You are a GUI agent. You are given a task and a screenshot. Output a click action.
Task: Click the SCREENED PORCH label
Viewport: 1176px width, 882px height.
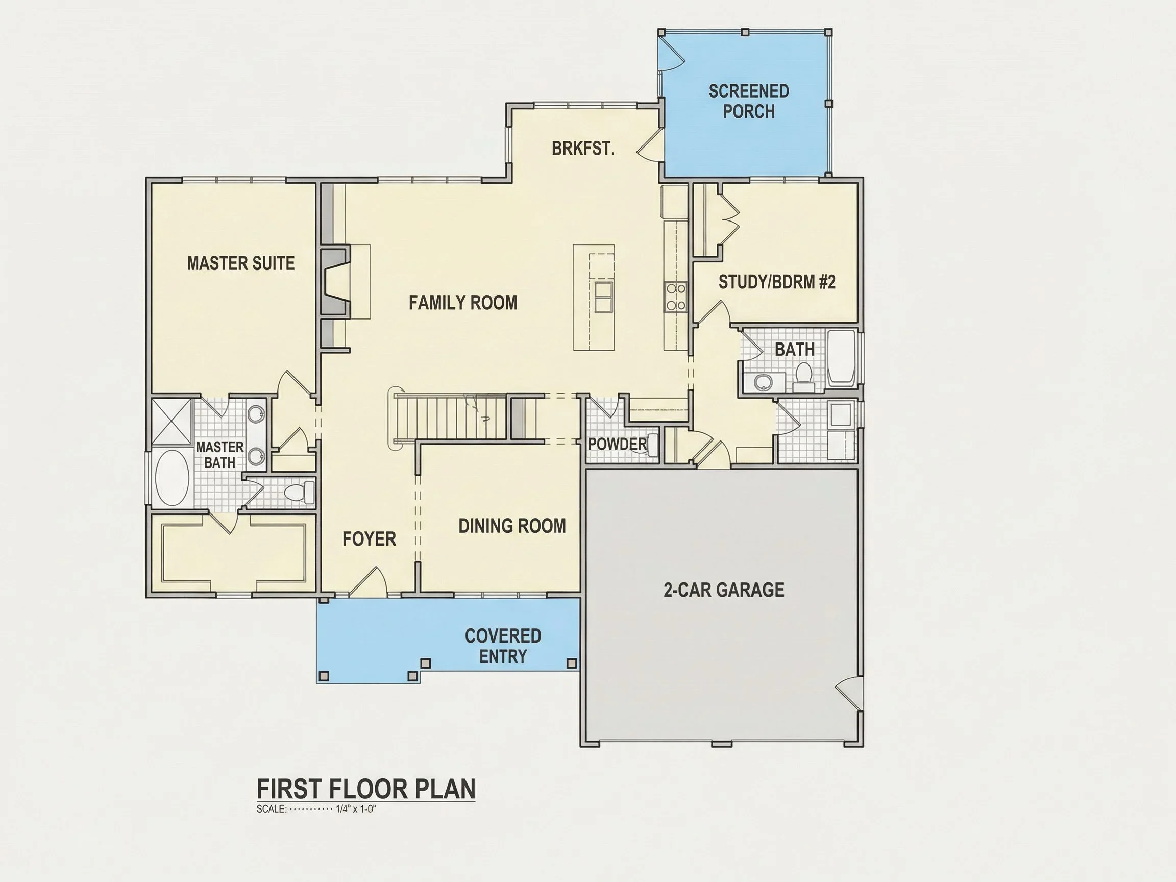tap(749, 101)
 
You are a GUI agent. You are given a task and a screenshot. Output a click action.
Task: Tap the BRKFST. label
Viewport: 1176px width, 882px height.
tap(583, 149)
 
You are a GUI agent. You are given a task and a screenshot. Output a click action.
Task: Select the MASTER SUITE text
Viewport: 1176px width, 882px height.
tap(241, 263)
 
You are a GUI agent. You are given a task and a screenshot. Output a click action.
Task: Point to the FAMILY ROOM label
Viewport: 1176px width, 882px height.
tap(462, 303)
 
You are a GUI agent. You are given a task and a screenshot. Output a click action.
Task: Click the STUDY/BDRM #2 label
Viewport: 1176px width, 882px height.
tap(777, 282)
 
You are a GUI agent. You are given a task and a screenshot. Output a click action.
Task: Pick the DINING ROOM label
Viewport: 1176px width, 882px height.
tap(512, 526)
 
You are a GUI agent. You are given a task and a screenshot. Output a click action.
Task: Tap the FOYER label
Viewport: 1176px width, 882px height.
tap(369, 539)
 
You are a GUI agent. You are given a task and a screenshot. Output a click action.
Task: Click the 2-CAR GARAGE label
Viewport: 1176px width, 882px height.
tap(724, 590)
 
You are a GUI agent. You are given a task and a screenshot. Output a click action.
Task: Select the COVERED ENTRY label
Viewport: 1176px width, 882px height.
tap(503, 646)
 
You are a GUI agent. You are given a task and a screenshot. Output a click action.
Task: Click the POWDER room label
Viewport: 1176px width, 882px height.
tap(617, 444)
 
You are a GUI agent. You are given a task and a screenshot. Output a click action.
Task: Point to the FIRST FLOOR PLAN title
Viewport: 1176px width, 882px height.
tap(366, 789)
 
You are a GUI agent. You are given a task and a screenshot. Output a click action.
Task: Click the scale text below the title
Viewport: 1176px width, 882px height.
tap(316, 809)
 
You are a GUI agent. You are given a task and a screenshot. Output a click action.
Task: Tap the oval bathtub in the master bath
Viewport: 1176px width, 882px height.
tap(171, 478)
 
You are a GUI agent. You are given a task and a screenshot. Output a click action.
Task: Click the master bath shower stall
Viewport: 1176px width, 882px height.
tap(171, 421)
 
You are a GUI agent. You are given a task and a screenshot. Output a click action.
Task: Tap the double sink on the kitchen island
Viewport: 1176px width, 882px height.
tap(603, 297)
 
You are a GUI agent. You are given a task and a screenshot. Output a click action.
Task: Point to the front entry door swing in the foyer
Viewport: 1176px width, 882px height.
tap(368, 580)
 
